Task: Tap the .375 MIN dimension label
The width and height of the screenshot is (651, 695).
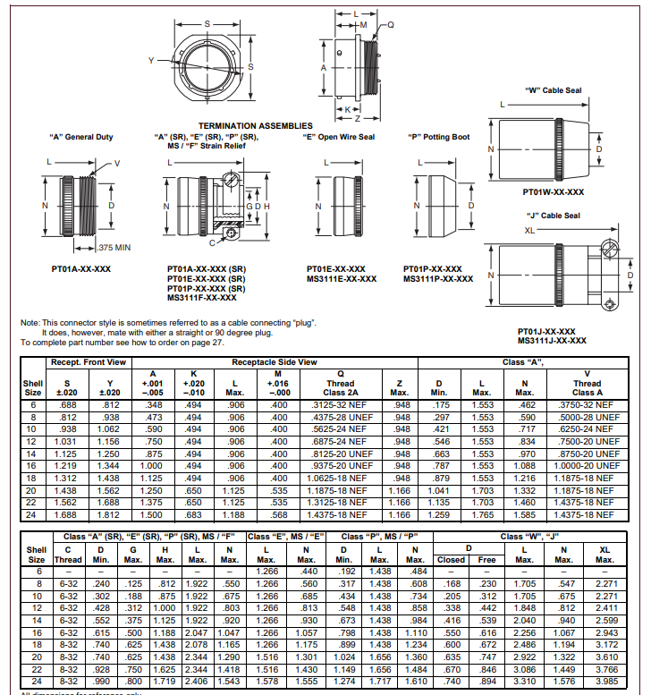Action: coord(114,248)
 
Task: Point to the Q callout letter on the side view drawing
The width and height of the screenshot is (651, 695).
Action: coord(390,25)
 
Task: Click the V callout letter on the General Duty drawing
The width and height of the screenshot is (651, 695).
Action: coord(117,163)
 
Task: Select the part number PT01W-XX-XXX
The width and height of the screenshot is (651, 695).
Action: coord(554,191)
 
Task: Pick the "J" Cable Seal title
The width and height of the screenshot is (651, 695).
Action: coord(553,216)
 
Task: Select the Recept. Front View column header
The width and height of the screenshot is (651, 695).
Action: coord(88,361)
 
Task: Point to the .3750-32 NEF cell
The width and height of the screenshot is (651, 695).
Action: coord(587,404)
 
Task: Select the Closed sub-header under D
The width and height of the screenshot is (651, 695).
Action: coord(451,559)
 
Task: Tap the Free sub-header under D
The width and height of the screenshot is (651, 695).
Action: coord(487,559)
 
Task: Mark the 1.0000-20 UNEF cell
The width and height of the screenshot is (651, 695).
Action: coord(587,466)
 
